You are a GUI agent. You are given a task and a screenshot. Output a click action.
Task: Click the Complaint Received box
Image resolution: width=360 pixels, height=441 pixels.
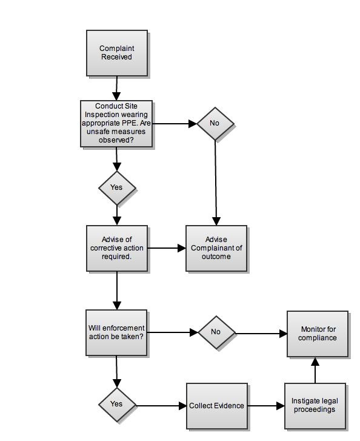click(x=116, y=53)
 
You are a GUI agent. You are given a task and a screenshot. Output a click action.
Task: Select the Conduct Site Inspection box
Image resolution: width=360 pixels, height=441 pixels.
click(x=116, y=124)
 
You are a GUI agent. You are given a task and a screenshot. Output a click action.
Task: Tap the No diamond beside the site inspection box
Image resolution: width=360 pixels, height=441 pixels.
click(x=215, y=124)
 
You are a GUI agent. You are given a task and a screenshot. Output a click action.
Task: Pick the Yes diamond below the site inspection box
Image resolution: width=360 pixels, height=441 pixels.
click(x=117, y=187)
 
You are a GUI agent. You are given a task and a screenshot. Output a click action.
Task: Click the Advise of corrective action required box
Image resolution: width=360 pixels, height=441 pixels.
click(x=117, y=248)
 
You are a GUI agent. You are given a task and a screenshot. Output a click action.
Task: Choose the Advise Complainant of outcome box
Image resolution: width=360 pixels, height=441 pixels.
click(x=216, y=248)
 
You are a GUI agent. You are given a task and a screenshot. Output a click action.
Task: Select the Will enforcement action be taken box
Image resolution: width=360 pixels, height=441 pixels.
click(x=116, y=332)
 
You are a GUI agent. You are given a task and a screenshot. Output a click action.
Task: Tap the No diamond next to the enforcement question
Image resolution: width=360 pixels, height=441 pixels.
click(x=217, y=332)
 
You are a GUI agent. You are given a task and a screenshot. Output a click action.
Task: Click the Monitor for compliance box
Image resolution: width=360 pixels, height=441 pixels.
click(x=318, y=334)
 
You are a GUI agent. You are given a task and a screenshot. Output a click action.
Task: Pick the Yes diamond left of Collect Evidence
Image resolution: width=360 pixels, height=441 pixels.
click(x=117, y=405)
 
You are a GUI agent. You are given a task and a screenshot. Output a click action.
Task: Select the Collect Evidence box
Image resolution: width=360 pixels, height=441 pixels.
click(x=217, y=406)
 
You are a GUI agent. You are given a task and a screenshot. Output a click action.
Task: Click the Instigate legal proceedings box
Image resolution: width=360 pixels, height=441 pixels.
click(x=315, y=406)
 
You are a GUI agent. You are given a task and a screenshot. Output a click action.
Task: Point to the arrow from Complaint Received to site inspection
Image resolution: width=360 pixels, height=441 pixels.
click(x=116, y=88)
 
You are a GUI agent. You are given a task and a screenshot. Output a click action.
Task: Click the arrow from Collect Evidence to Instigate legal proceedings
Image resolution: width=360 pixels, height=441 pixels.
click(x=266, y=406)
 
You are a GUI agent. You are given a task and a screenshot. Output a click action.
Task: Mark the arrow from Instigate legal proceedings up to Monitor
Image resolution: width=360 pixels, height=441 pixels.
click(x=315, y=370)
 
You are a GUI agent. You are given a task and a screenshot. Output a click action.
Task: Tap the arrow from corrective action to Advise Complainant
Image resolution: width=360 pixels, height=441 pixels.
click(x=167, y=248)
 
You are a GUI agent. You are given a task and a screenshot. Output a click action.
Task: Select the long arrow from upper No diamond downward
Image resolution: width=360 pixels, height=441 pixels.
click(x=216, y=183)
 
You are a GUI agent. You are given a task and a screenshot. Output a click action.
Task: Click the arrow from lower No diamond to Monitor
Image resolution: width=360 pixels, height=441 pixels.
click(x=261, y=334)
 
